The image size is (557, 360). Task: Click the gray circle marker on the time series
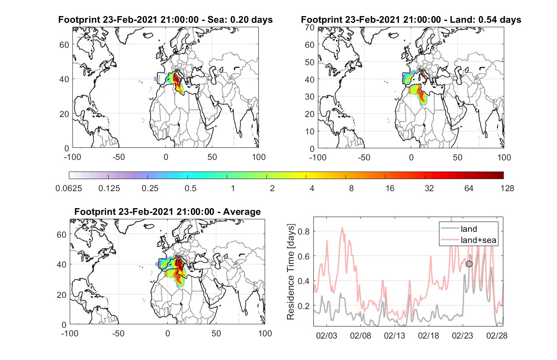(469, 264)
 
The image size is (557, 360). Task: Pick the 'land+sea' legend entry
(468, 240)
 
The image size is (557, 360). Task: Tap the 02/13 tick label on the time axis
(395, 336)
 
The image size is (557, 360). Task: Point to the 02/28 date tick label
(497, 336)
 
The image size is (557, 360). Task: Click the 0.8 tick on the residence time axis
(304, 231)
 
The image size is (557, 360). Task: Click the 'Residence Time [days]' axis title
(291, 272)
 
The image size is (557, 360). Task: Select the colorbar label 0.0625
(69, 188)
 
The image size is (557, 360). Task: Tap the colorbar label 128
(507, 188)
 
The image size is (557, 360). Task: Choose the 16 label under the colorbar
(390, 188)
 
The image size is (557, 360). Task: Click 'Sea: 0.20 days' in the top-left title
(240, 20)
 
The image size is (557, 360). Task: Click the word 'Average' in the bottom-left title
(242, 212)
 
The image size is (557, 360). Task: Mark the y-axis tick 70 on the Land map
(310, 27)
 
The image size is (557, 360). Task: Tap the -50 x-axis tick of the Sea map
(118, 157)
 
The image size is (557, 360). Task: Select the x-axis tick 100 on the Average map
(265, 333)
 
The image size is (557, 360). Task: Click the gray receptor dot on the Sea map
(176, 71)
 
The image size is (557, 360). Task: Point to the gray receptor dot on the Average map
(178, 257)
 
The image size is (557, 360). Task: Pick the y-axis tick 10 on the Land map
(310, 131)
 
